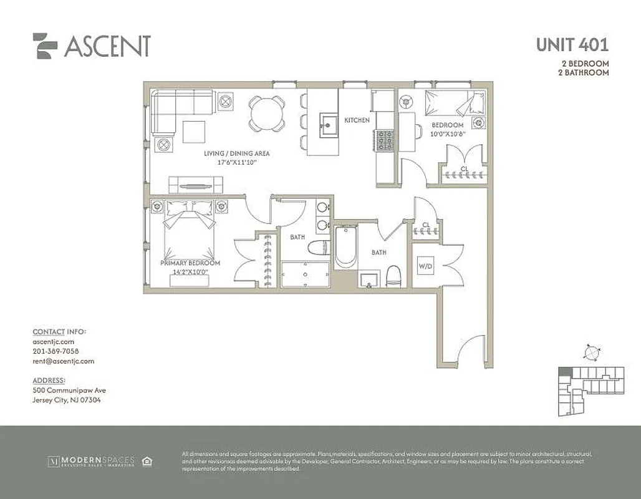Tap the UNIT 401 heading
tap(572, 45)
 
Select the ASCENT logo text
tap(107, 46)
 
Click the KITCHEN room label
tap(357, 120)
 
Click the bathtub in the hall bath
tap(345, 247)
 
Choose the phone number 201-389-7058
tap(55, 351)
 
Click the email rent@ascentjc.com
tap(63, 361)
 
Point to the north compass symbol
tap(590, 352)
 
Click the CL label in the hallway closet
tap(427, 225)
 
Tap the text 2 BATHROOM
tap(584, 73)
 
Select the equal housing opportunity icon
tap(147, 462)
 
